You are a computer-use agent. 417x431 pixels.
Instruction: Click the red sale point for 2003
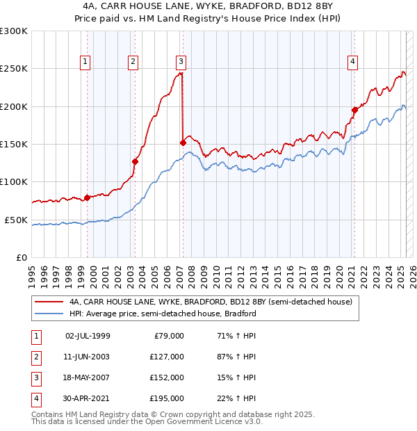(x=136, y=161)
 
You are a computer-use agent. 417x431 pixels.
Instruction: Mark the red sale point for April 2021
(x=354, y=110)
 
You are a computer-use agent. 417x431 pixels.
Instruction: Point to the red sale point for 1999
(x=87, y=197)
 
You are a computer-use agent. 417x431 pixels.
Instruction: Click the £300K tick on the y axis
(x=13, y=31)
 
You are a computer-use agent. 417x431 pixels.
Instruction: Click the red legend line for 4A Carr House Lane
(x=49, y=302)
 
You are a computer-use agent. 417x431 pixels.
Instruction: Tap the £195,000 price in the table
(x=167, y=398)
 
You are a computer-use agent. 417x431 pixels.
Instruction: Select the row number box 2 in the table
(x=35, y=357)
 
